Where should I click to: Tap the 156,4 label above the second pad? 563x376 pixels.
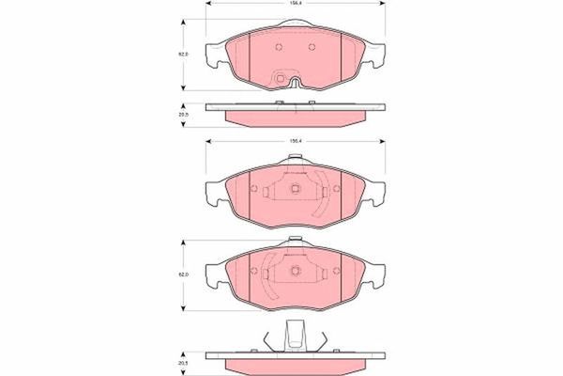294,142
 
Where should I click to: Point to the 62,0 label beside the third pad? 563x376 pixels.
185,274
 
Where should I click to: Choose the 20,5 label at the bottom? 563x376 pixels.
185,360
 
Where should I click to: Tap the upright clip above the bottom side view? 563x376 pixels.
293,334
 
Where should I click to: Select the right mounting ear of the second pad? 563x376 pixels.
376,193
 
